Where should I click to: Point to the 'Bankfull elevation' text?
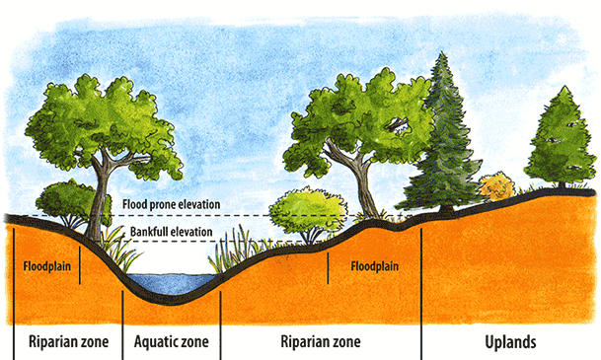pos(170,233)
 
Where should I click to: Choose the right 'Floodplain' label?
pos(374,266)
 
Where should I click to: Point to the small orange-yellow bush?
pos(496,185)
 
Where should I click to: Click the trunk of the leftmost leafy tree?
pos(98,197)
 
